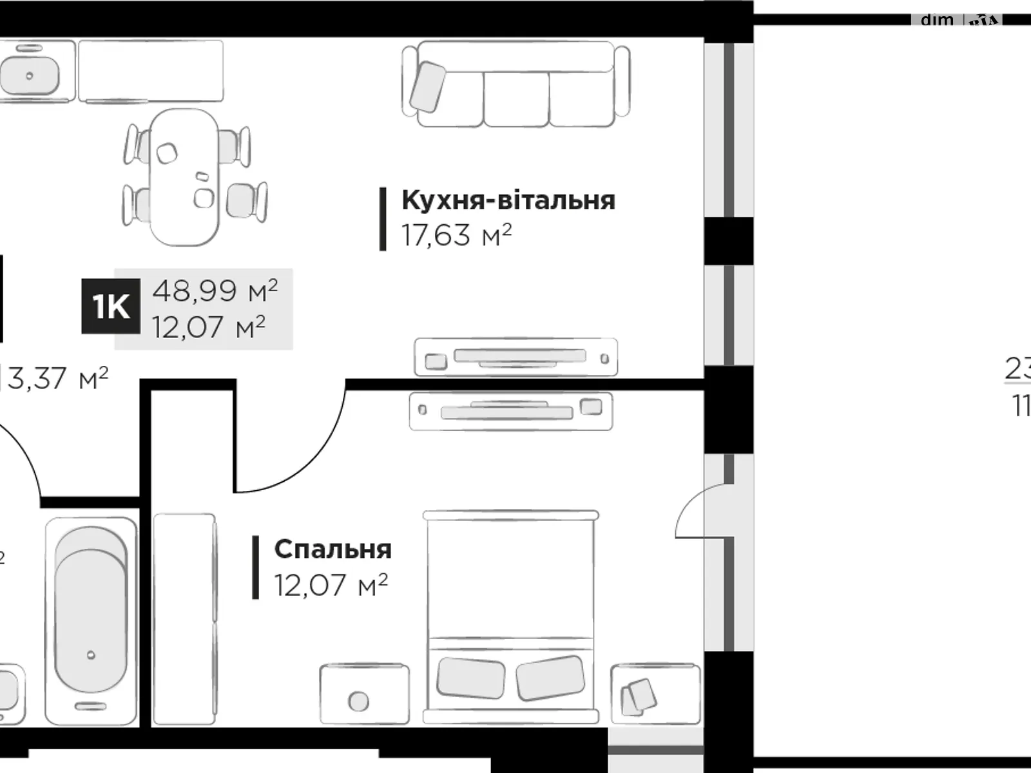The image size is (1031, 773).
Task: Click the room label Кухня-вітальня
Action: [508, 200]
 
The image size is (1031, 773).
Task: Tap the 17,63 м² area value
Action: [456, 235]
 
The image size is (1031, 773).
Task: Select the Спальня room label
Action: [332, 549]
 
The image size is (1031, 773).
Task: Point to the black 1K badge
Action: [111, 307]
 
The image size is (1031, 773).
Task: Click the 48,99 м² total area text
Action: [215, 291]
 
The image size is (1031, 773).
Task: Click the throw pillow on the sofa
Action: [427, 86]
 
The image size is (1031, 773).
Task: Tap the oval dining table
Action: [185, 177]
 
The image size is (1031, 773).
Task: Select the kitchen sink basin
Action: [29, 75]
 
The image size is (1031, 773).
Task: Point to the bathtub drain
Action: [91, 655]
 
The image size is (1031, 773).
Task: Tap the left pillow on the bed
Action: [470, 678]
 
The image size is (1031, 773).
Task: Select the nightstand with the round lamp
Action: [364, 694]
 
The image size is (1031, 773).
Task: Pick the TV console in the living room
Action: [515, 357]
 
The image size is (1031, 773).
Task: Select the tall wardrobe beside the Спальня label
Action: [184, 618]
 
